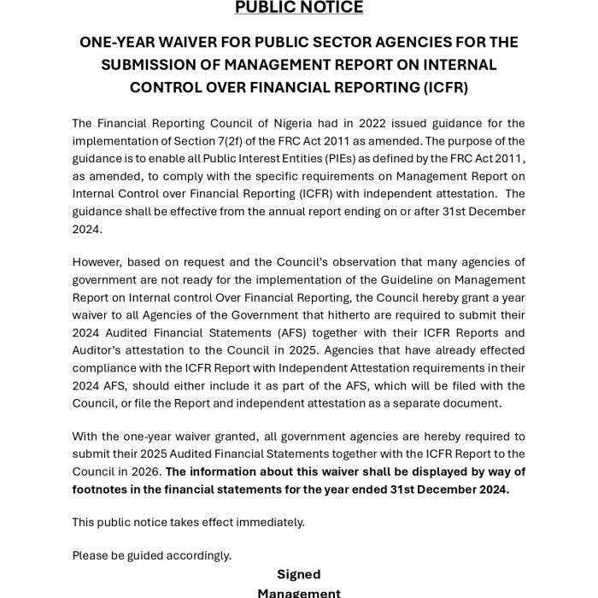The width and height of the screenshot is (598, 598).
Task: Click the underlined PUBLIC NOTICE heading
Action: (x=299, y=8)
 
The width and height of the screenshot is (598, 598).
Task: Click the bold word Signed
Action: (x=298, y=574)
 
